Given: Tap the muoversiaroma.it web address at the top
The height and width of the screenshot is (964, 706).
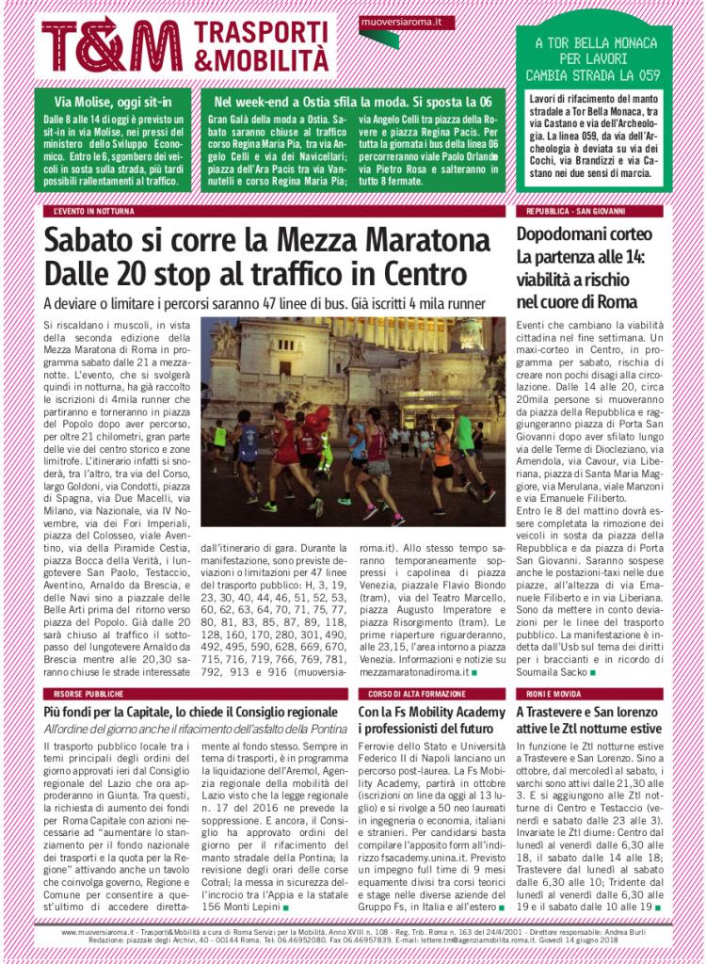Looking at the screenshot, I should coord(395,21).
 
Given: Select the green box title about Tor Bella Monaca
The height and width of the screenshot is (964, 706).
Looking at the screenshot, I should coord(593,58).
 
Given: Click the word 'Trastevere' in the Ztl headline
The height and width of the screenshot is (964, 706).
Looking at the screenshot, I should coord(561,712).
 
